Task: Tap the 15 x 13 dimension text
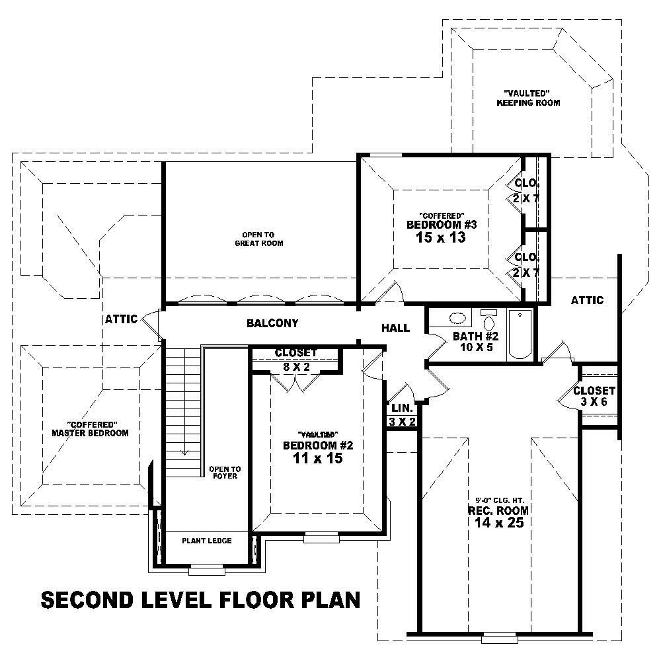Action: pos(441,237)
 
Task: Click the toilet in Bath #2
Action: pos(489,321)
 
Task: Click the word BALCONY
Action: pos(272,324)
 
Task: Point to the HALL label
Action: pos(395,328)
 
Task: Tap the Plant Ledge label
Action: pos(207,541)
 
